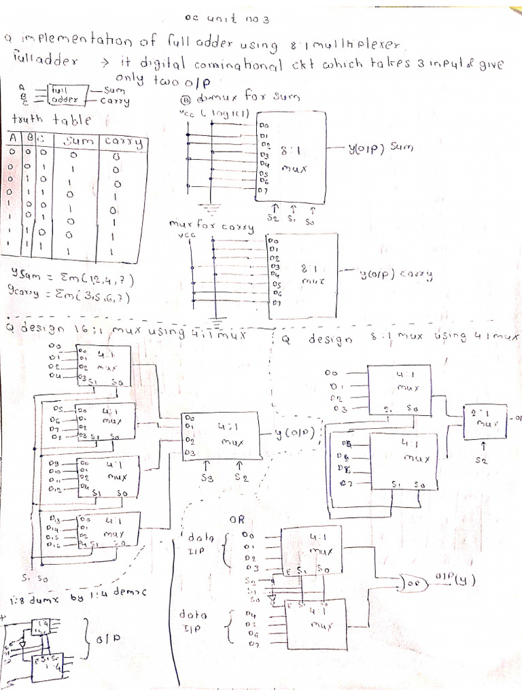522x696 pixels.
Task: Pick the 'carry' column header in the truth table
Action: pos(124,142)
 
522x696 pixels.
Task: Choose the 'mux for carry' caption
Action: pos(211,226)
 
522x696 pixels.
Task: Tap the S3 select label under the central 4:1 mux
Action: pos(207,478)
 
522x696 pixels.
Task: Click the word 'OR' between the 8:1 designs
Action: pos(237,519)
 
